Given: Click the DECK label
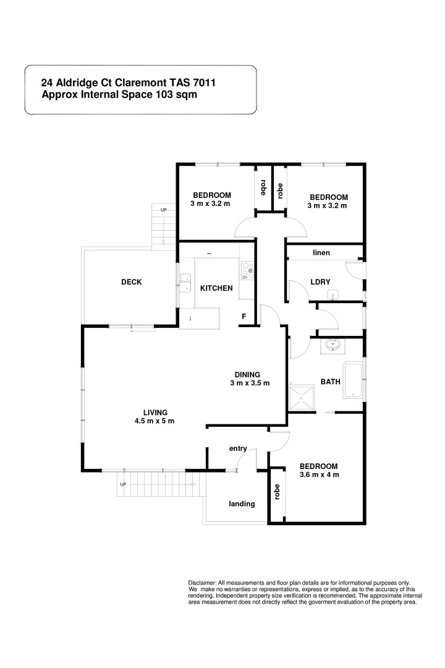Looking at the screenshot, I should pos(131,282).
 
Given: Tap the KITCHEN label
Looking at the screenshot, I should pos(216,288).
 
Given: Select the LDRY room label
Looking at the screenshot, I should pos(320,282).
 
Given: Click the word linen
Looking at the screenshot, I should pos(321,253).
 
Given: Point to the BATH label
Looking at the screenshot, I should pos(330,382).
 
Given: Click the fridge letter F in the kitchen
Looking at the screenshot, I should pos(244,317).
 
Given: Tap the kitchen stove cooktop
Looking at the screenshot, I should pos(247,272).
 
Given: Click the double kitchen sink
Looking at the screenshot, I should pos(185,282).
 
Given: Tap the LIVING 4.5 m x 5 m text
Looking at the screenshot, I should pos(155,417).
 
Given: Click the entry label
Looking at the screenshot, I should pos(238,448).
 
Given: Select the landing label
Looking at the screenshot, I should pos(242,503).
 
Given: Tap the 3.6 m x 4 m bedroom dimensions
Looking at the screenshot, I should pos(319,475).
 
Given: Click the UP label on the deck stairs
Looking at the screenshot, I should pos(163,210).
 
